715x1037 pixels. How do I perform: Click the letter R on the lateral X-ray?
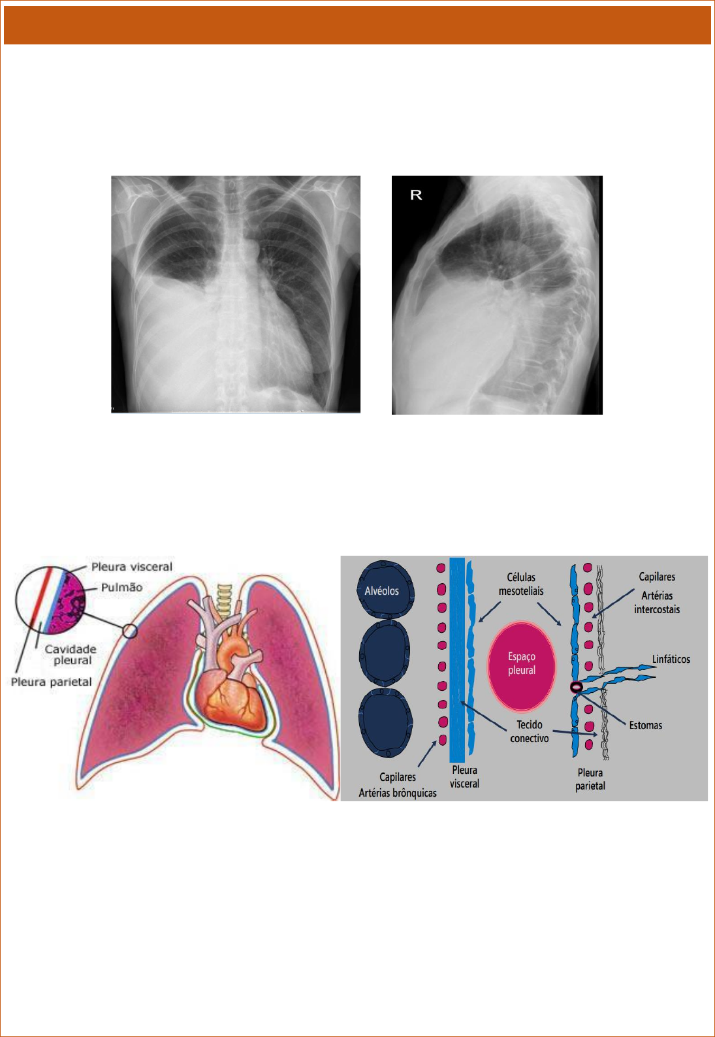click(416, 195)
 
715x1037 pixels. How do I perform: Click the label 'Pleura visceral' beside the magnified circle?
click(132, 567)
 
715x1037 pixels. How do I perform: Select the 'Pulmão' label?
click(121, 587)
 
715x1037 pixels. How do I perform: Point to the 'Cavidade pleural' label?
click(71, 654)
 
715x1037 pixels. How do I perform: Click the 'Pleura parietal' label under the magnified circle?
click(51, 682)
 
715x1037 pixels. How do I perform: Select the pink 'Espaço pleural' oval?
click(522, 665)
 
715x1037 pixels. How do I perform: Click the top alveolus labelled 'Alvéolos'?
click(385, 589)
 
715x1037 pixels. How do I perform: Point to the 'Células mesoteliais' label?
click(521, 584)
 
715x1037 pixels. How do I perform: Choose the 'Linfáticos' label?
click(671, 659)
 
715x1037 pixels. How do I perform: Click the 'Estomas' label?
click(645, 725)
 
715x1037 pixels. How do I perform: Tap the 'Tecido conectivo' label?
click(530, 731)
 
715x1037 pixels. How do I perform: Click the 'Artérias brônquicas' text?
click(398, 793)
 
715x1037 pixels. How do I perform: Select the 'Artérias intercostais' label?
click(657, 602)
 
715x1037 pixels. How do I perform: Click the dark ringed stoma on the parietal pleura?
click(576, 687)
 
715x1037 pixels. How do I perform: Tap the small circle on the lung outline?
click(130, 631)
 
